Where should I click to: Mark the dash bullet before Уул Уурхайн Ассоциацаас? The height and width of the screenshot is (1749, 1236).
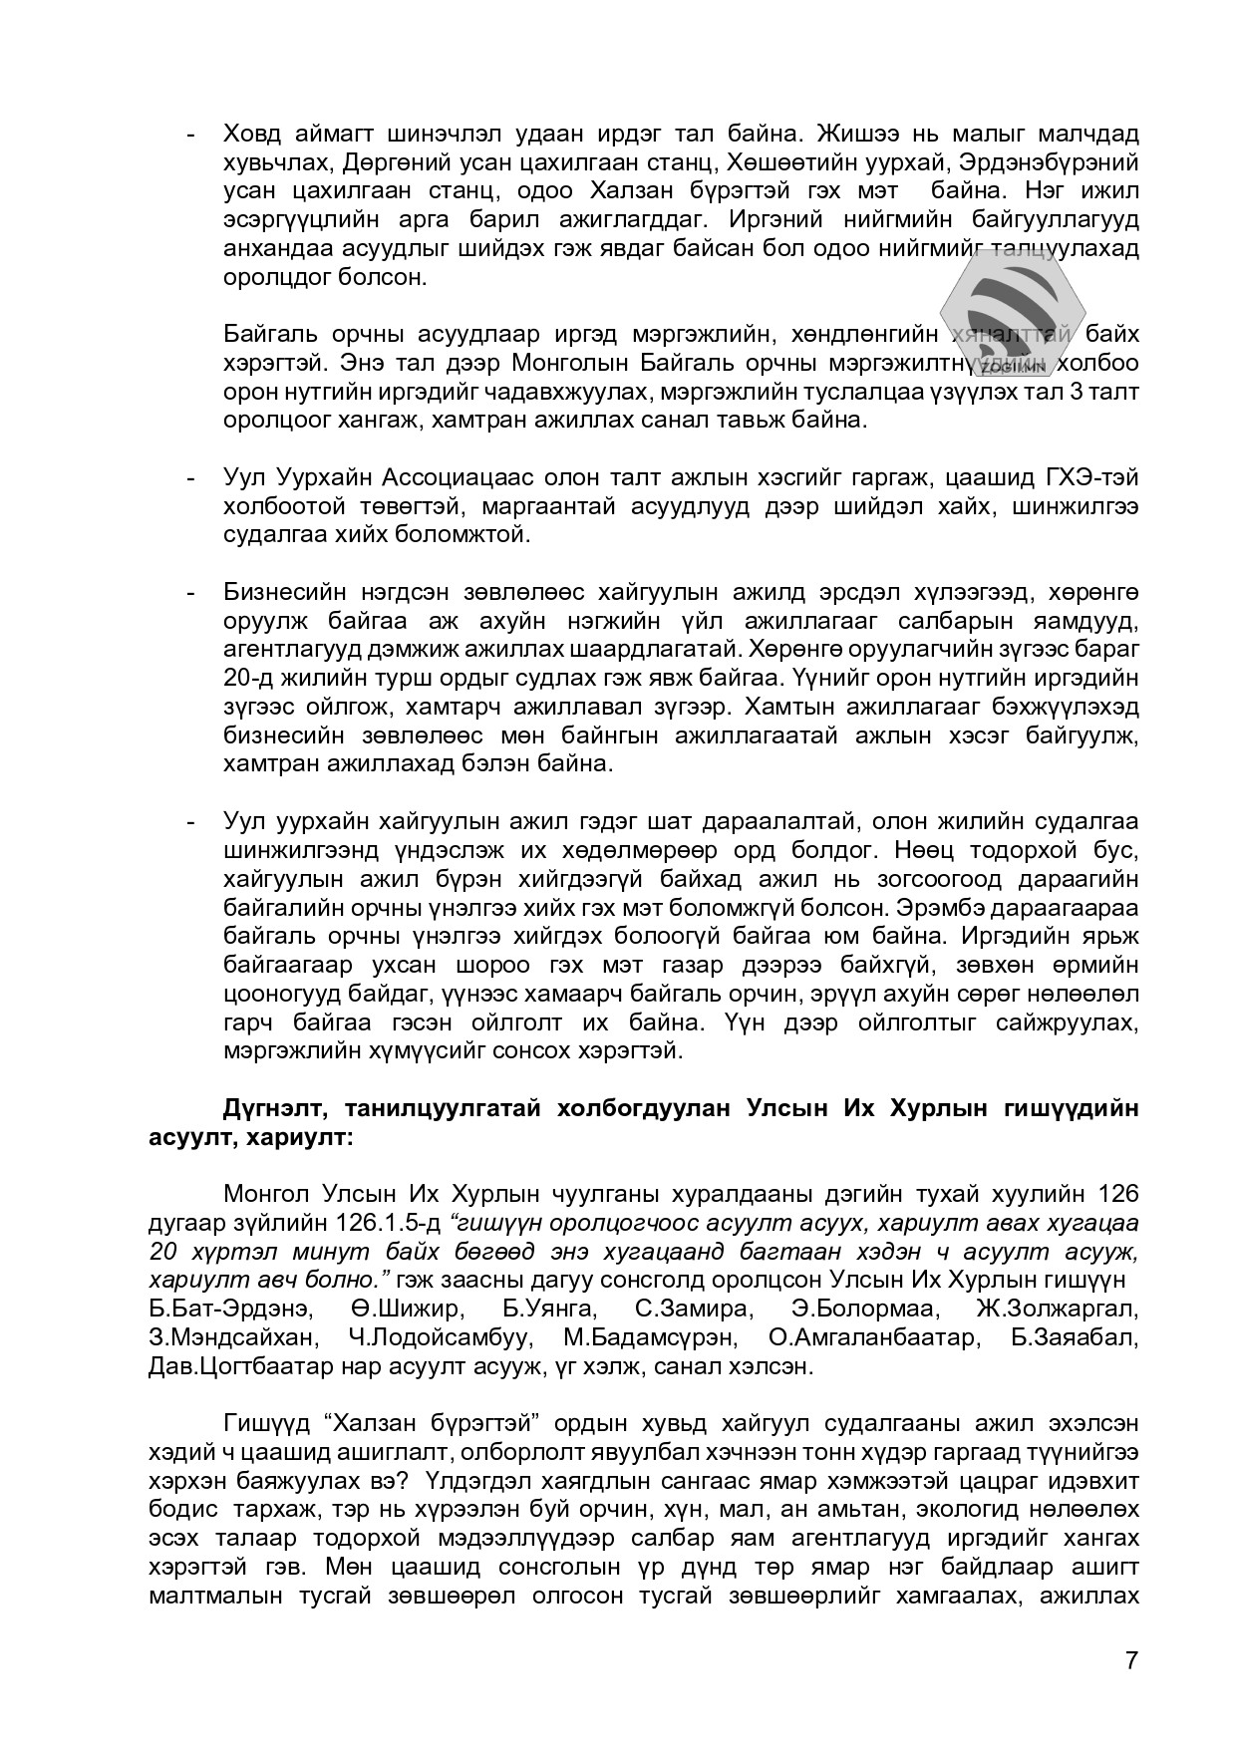pyautogui.click(x=189, y=478)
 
